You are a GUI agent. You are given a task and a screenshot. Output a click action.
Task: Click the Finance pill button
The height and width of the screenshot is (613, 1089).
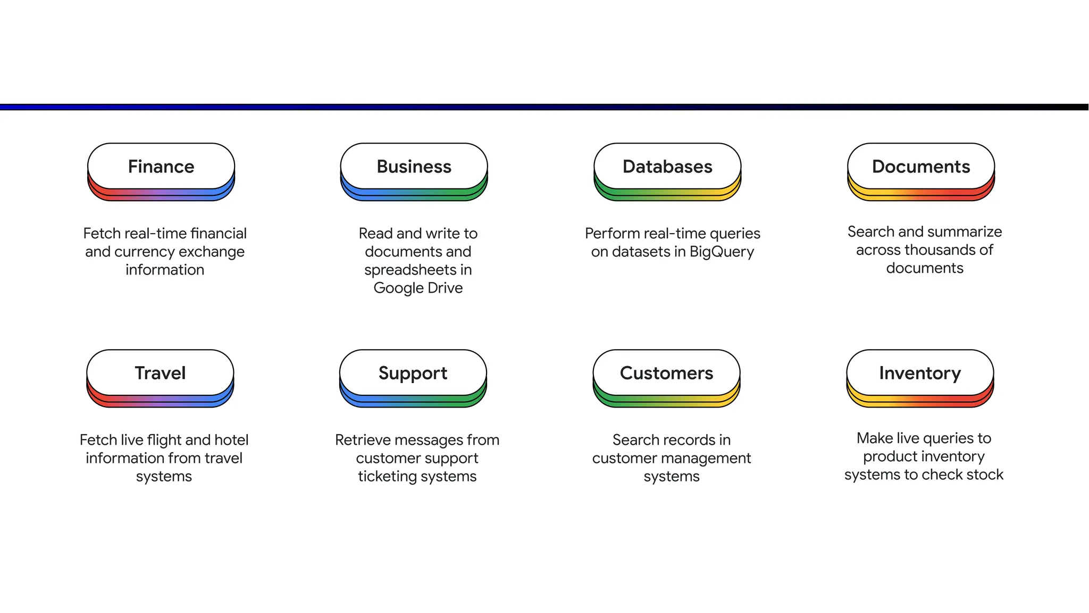pos(161,167)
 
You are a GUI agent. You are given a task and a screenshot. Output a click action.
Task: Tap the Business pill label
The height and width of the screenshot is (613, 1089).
pos(414,167)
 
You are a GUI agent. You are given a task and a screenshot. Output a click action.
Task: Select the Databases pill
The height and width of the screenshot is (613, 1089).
pos(667,167)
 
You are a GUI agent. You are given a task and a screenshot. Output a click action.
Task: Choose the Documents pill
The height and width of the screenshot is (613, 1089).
pos(921,167)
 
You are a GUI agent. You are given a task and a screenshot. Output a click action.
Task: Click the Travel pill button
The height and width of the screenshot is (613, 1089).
pos(160,373)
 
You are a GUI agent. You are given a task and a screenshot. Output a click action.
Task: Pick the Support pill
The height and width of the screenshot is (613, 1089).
pos(413,373)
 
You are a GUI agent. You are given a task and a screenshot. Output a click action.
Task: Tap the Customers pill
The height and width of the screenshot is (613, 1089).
pos(666,373)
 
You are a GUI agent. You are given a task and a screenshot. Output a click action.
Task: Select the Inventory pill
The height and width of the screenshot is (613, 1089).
pos(920,373)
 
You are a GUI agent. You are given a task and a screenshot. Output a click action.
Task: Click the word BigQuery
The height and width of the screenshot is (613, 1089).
pos(722,252)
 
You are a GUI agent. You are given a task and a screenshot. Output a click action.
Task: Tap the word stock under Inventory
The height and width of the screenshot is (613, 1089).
pos(985,475)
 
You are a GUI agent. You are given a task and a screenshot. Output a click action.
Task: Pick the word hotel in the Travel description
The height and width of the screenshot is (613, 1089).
pos(231,440)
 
